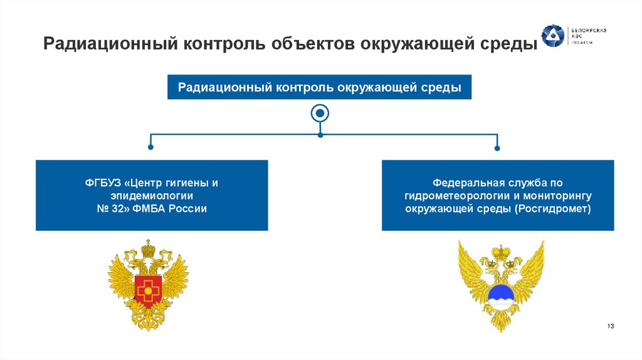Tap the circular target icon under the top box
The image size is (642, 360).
pos(320,114)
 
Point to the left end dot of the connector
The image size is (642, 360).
pos(150,148)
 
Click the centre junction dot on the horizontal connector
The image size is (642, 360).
pos(320,134)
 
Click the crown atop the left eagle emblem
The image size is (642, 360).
pos(148,248)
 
